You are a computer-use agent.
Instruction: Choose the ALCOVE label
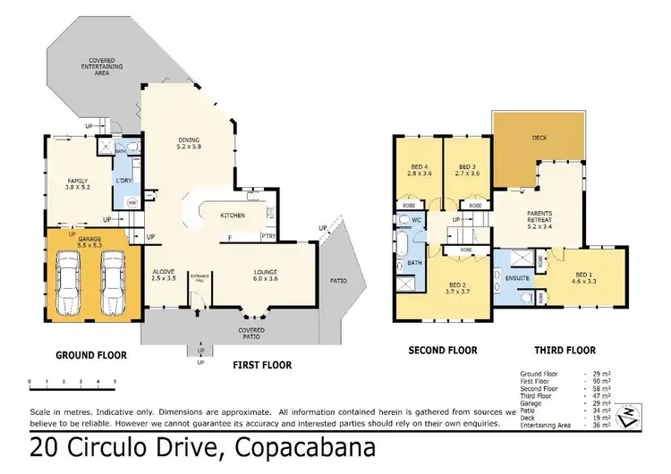(163, 275)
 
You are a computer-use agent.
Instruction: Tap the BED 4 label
(419, 170)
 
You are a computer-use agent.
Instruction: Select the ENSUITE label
(516, 278)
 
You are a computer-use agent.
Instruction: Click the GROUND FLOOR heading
(91, 355)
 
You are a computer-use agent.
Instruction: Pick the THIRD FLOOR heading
(565, 351)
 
